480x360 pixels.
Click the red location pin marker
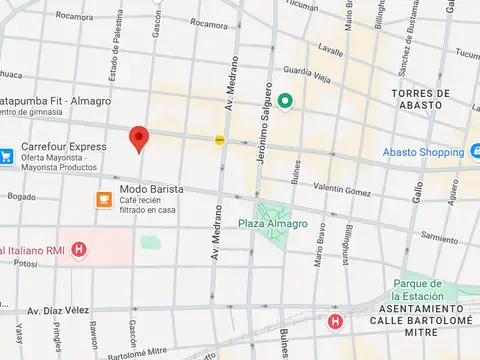pyautogui.click(x=140, y=139)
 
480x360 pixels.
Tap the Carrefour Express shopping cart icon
pyautogui.click(x=6, y=155)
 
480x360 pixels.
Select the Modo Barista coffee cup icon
pyautogui.click(x=104, y=199)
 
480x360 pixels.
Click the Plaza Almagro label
pyautogui.click(x=273, y=224)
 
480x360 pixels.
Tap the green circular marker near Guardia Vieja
pyautogui.click(x=285, y=100)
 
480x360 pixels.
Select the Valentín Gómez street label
pyautogui.click(x=342, y=189)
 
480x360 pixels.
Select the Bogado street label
pyautogui.click(x=21, y=197)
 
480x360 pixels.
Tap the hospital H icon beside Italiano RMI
pyautogui.click(x=79, y=249)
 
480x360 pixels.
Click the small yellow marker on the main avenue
pyautogui.click(x=219, y=140)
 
